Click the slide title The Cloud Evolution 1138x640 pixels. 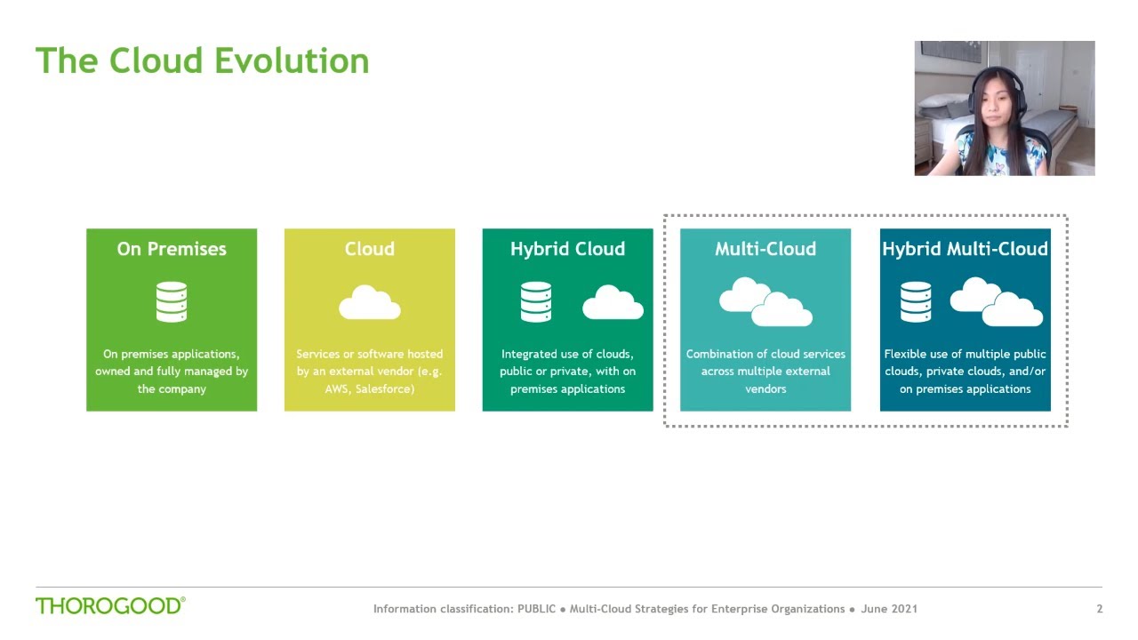coord(202,61)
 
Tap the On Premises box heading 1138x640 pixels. coord(172,249)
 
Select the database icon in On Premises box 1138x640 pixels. coord(172,302)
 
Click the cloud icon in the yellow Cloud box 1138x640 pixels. coord(369,303)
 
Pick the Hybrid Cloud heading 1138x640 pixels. coord(567,249)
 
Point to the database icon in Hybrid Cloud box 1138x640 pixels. coord(536,302)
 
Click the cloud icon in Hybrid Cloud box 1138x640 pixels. coord(613,303)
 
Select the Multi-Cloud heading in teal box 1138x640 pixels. coord(765,249)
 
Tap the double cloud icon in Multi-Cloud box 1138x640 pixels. coord(765,303)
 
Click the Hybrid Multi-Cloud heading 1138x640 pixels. coord(965,249)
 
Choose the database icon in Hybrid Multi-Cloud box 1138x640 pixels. coord(916,302)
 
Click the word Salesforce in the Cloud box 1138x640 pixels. coord(384,389)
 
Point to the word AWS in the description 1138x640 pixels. coord(337,389)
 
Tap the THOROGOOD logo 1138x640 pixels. coord(110,606)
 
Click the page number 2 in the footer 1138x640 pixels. coord(1100,609)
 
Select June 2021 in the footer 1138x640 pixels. coord(889,609)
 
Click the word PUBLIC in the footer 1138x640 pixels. coord(536,609)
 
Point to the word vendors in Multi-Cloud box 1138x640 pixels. coord(765,389)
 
